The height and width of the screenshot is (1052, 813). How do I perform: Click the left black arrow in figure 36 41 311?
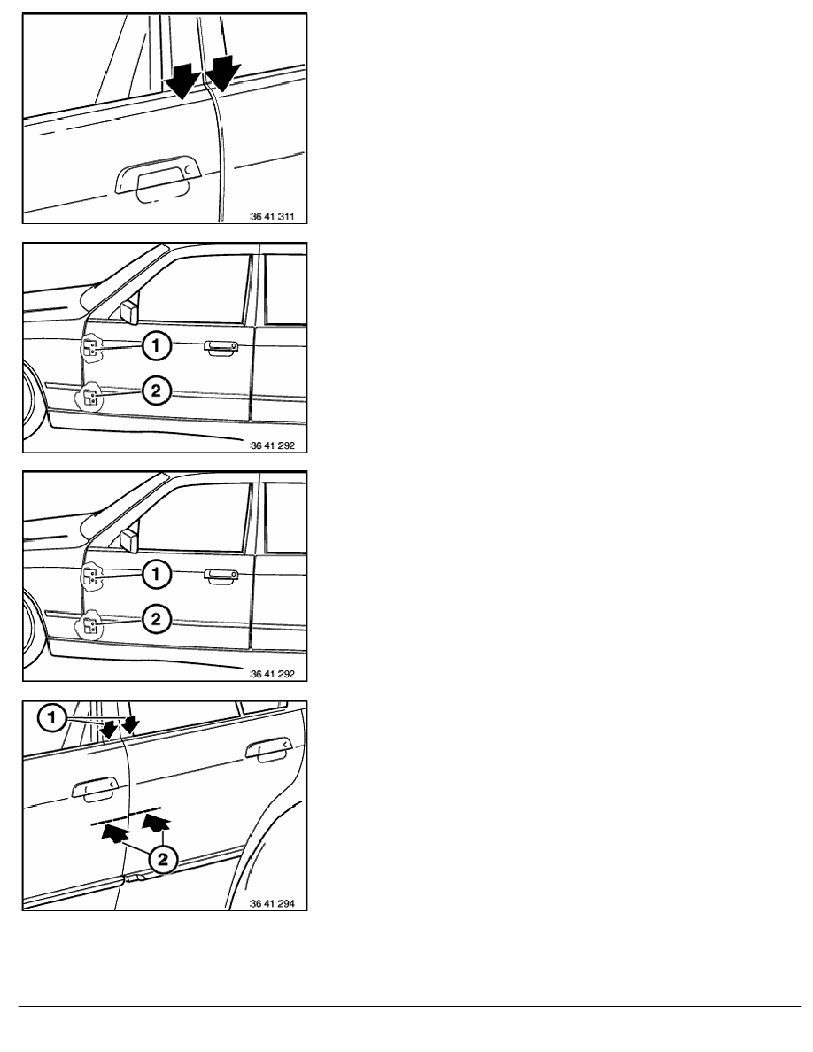coord(182,81)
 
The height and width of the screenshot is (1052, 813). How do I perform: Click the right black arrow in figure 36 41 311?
coord(223,73)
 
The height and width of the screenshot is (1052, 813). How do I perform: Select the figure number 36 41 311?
coord(273,217)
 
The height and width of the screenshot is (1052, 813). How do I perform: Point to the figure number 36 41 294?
coord(273,904)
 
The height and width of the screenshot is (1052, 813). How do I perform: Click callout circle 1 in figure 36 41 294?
coord(51,718)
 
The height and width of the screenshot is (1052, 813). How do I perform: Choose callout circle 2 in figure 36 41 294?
coord(162,860)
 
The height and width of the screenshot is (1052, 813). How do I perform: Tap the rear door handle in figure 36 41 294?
coord(268,749)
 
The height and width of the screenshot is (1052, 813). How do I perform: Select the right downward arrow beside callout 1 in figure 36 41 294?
coord(131,724)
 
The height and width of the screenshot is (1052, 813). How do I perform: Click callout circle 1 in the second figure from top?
coord(156,346)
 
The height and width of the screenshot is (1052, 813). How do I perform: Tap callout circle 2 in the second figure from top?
coord(156,391)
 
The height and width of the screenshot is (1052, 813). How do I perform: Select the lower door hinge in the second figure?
coord(89,398)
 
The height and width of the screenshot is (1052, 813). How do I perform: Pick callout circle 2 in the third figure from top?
coord(156,619)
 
